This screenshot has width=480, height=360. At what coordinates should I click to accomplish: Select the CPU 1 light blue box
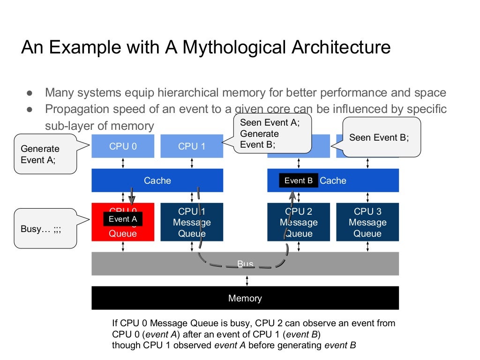[x=192, y=146]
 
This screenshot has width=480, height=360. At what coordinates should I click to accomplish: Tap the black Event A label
[x=123, y=219]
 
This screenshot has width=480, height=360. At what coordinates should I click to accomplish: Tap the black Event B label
[x=299, y=181]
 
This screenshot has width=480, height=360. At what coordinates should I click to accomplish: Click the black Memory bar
[x=245, y=298]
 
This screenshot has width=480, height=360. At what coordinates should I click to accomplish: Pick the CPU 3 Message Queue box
[x=367, y=222]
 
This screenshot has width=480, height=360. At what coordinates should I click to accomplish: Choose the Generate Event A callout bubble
[x=45, y=154]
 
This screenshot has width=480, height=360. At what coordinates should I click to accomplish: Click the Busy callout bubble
[x=45, y=229]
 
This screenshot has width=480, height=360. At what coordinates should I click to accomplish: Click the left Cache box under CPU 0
[x=157, y=180]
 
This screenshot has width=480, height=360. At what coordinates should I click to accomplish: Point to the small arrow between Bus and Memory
[x=247, y=281]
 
